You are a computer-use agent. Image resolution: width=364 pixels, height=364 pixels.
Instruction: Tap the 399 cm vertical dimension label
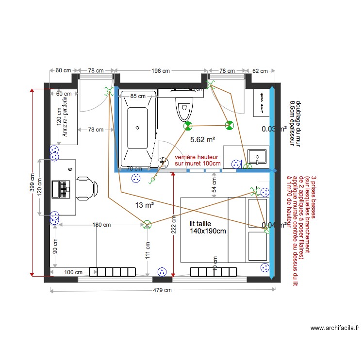32,183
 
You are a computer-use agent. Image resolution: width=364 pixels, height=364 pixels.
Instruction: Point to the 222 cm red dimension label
174,224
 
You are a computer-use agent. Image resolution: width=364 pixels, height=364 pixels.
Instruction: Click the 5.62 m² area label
202,140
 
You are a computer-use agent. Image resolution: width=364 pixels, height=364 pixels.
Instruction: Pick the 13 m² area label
145,205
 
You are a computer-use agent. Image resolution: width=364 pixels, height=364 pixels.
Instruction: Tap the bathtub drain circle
137,128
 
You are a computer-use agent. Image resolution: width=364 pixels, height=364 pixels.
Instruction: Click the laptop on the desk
64,188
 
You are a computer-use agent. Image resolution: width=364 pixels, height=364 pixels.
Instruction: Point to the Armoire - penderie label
65,118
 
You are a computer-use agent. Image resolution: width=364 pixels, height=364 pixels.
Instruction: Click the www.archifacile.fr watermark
334,328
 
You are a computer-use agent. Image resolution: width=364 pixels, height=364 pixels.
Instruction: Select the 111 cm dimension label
147,252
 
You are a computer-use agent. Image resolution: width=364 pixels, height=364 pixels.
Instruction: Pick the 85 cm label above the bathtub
138,96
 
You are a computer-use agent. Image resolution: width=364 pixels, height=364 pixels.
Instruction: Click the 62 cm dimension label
260,71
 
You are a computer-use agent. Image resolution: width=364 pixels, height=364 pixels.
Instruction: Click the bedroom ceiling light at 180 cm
147,224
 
